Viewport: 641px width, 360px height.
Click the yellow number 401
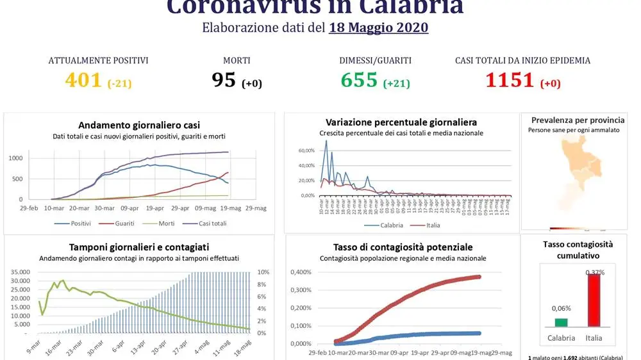tap(83, 80)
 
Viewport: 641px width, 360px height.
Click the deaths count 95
tap(224, 80)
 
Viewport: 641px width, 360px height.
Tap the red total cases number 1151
tap(510, 80)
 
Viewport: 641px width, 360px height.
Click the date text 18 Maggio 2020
tap(378, 28)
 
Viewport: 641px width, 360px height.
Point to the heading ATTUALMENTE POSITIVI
tap(99, 61)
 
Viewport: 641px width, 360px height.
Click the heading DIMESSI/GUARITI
tap(376, 61)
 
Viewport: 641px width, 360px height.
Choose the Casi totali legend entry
tap(210, 224)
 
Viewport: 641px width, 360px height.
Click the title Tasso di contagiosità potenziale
tap(403, 247)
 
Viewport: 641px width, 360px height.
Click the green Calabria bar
tap(561, 323)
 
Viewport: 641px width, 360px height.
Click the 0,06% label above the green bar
tap(561, 308)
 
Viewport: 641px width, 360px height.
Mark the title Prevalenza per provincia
tap(578, 120)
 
